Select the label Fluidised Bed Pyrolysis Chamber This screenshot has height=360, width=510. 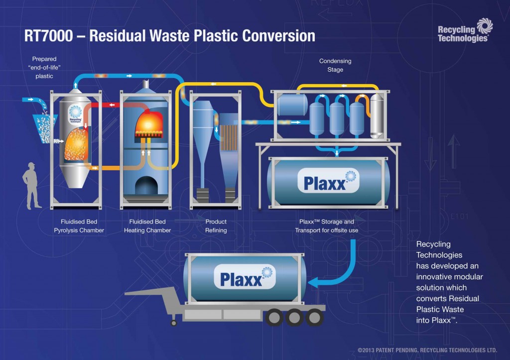(79, 226)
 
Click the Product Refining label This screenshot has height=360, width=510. (216, 226)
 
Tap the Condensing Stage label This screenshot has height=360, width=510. (335, 65)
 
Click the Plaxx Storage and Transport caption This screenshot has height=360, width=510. (326, 226)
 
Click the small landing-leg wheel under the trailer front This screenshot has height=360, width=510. (174, 323)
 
